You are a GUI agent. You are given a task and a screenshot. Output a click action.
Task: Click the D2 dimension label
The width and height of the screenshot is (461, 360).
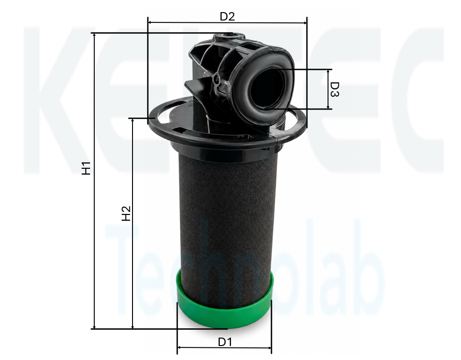[227, 16]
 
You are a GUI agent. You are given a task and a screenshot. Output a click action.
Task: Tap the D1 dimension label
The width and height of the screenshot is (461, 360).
[225, 342]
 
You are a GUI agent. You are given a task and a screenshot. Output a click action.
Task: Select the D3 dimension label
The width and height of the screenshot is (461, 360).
[335, 90]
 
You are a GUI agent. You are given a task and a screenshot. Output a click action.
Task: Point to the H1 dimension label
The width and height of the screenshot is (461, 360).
[86, 168]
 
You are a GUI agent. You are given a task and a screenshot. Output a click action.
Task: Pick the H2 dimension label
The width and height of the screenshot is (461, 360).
[126, 214]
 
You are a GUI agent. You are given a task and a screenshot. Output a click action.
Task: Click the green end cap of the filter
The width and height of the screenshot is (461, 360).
[224, 309]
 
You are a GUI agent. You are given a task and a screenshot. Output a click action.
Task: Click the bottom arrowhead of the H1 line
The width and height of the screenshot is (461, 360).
[94, 326]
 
